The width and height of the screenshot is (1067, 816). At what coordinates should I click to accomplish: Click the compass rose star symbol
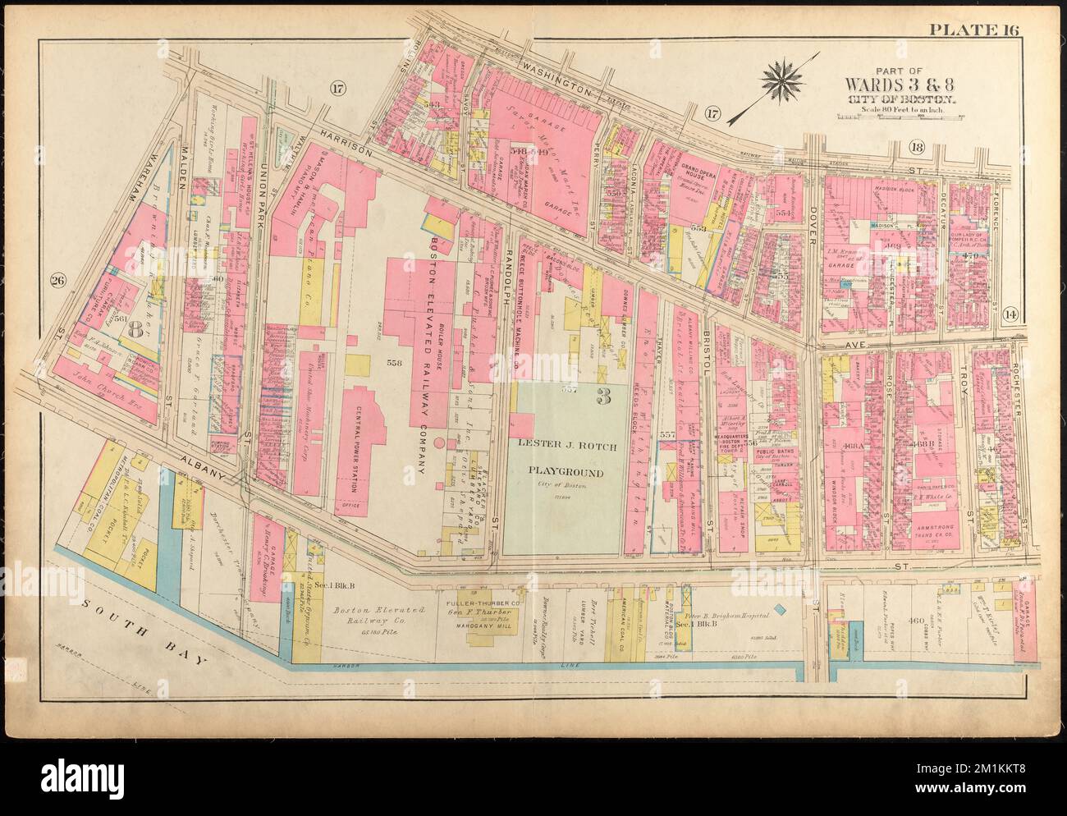tap(785, 77)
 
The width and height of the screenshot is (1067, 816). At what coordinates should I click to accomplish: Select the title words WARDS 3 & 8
tap(900, 85)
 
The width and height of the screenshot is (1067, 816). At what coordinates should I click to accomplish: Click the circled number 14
tap(1010, 312)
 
